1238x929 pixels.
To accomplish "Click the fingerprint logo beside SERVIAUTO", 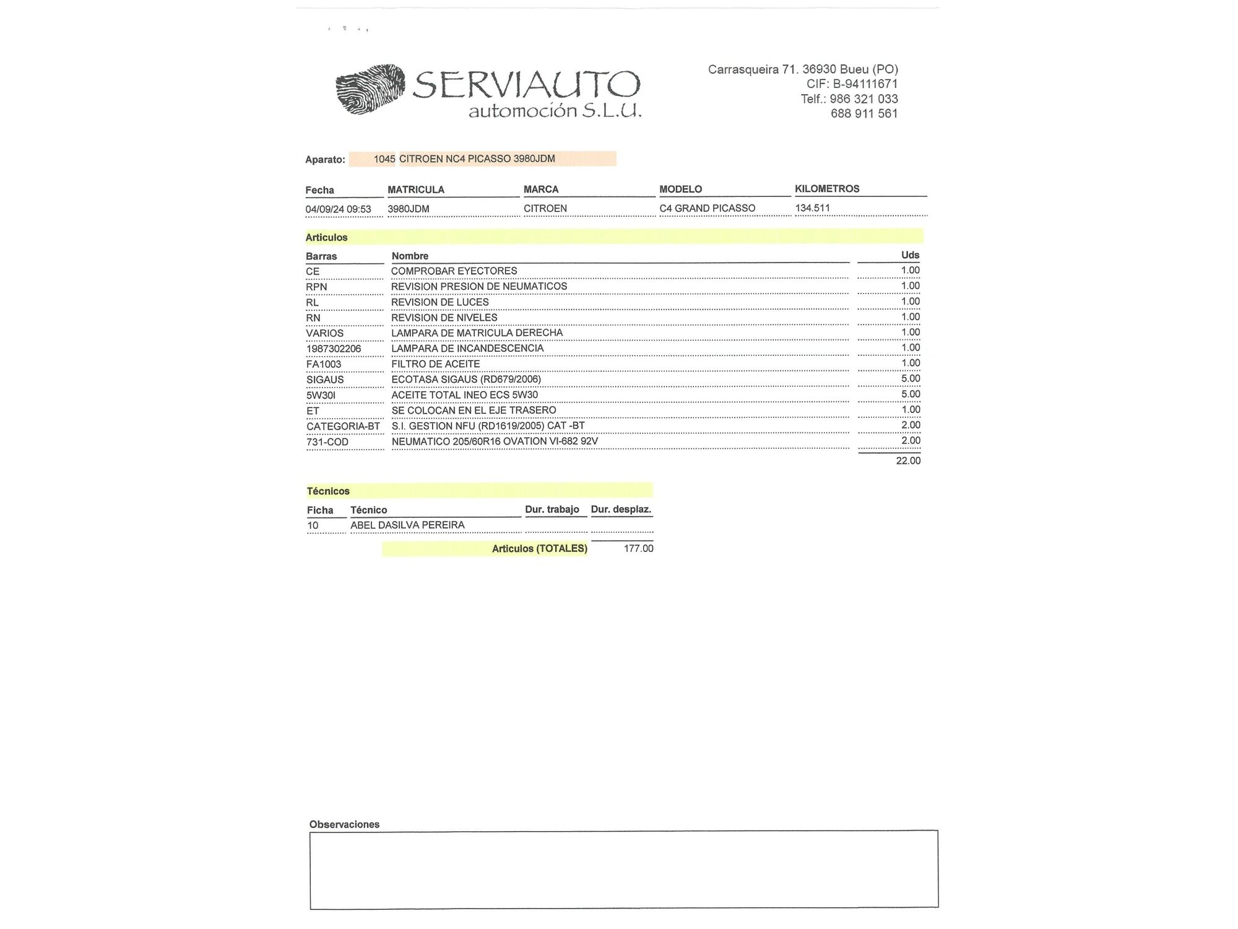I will (370, 89).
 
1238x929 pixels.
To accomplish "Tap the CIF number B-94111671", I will (865, 84).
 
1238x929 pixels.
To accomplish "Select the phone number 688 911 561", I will (864, 113).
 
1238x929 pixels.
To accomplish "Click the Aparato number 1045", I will (384, 159).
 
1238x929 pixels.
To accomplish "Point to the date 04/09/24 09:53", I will (338, 209).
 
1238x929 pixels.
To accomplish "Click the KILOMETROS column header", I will (827, 189).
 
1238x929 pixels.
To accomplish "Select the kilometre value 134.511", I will (812, 208).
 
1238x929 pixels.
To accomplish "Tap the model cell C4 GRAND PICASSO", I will (707, 208).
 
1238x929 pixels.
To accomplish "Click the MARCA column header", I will (541, 190).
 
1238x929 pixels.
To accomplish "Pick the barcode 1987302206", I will (334, 349).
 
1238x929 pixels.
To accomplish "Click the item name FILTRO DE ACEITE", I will (435, 364).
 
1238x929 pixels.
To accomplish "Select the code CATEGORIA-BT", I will (343, 426).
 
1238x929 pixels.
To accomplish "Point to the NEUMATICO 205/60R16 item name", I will (495, 442).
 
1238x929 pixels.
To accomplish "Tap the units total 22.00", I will (908, 461).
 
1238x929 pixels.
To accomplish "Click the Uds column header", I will (910, 255).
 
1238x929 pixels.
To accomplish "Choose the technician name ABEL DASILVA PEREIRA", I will (407, 525).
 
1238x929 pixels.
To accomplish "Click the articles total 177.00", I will (638, 549).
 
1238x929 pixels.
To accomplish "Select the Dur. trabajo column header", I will (552, 510).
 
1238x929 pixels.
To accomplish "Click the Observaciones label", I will (344, 824).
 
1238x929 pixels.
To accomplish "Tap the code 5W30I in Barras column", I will (321, 395).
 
